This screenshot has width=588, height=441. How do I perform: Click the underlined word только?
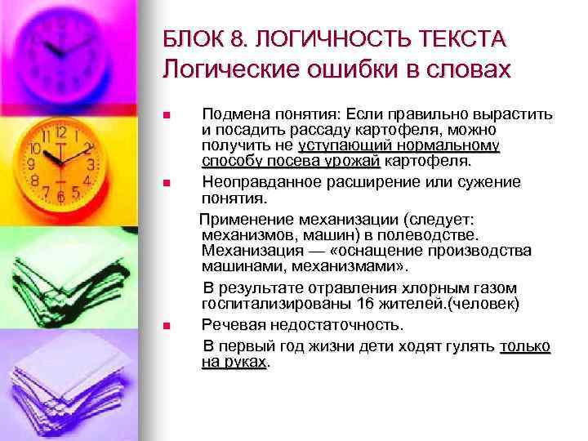[x=525, y=346]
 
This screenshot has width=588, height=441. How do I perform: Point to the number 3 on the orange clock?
[x=91, y=163]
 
